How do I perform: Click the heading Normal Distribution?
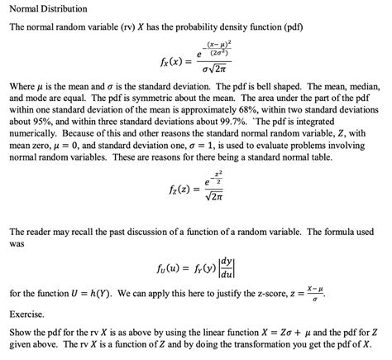(x=41, y=10)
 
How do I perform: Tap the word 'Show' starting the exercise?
(x=20, y=333)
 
